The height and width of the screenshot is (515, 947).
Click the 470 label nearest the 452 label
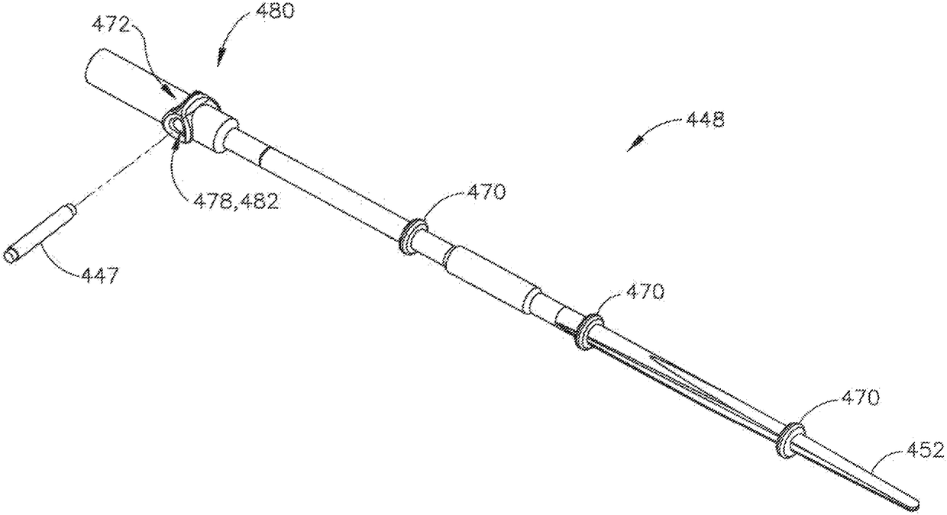[859, 397]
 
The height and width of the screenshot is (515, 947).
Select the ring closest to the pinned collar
[413, 236]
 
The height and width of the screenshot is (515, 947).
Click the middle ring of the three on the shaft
[587, 332]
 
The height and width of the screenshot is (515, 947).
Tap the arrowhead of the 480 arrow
[221, 62]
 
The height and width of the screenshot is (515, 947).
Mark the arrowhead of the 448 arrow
[631, 146]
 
